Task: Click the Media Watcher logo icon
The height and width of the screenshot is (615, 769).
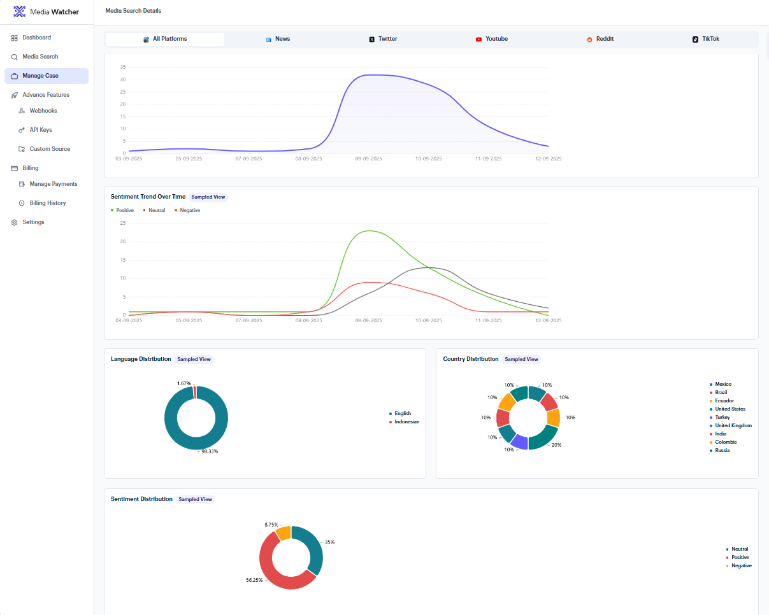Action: point(19,11)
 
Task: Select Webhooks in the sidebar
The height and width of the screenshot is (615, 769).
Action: point(43,111)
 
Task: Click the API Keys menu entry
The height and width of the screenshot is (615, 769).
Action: point(41,130)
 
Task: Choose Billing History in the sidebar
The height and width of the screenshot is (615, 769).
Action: point(48,203)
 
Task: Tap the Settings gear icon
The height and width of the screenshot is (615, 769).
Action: point(14,222)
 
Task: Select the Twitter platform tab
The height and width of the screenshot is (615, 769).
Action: point(383,39)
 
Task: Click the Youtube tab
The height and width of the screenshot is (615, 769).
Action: point(492,39)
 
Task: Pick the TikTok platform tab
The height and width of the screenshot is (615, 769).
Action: point(706,39)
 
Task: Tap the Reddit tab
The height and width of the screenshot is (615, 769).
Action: point(600,39)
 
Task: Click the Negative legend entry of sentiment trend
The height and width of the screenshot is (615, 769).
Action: point(187,210)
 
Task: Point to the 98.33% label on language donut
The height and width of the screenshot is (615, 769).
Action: point(210,451)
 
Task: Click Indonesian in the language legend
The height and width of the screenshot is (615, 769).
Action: point(407,422)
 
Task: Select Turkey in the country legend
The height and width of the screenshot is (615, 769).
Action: point(722,417)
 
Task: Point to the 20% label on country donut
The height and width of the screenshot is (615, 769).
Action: point(556,445)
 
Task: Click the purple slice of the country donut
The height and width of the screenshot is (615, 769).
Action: point(520,442)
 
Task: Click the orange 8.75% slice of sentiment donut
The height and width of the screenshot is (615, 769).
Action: point(284,533)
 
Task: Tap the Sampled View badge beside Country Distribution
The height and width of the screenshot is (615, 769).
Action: point(521,359)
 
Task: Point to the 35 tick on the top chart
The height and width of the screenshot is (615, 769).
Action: point(123,67)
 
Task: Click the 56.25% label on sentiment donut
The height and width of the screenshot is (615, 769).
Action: point(254,580)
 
